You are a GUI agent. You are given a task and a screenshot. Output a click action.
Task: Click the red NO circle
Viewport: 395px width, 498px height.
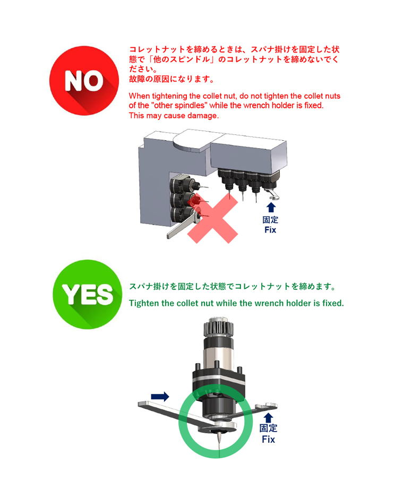coord(84,81)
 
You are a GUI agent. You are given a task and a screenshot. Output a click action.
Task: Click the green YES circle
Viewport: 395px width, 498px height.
coord(87,295)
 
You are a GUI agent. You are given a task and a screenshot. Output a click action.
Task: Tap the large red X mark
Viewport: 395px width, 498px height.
coord(212,218)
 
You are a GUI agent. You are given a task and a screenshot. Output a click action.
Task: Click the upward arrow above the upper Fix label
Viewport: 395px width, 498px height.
coord(271,208)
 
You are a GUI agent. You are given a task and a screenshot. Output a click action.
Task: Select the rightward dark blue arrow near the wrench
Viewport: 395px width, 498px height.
coord(160,397)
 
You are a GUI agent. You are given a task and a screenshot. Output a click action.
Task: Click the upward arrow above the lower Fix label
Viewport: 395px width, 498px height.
coord(269,418)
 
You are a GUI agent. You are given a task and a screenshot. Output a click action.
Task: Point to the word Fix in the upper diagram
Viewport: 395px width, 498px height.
coord(270,230)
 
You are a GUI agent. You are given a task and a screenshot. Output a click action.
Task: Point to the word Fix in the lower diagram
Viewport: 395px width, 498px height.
coord(268,439)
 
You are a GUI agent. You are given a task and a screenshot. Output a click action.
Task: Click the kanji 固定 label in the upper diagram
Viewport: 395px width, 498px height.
coord(270,220)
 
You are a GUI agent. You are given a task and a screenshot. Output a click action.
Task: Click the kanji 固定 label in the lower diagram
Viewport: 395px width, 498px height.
coord(268,428)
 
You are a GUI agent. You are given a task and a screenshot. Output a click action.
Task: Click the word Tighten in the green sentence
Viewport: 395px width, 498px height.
coord(144,303)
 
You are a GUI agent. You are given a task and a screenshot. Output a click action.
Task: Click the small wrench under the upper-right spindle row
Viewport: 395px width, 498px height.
coord(272,194)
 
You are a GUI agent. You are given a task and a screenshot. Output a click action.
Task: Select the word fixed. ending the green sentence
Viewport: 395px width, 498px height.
coord(333,303)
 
